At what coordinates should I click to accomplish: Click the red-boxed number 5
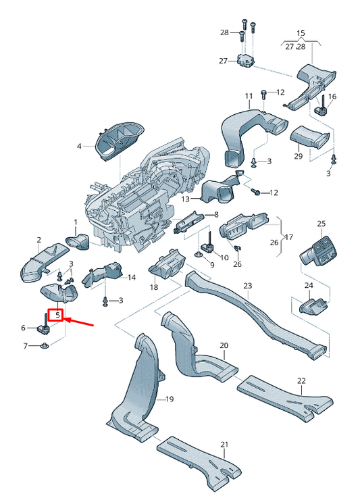point(58,315)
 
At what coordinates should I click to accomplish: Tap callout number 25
point(322,224)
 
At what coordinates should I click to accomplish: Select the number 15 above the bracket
point(301,33)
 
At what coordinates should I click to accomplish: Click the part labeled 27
point(245,61)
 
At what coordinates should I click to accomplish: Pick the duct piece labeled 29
point(311,140)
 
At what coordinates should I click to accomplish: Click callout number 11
point(248,95)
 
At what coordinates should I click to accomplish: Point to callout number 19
point(169,399)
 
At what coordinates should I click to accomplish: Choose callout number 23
point(247,286)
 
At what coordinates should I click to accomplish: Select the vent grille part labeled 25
point(320,253)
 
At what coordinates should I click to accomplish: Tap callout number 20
point(224,345)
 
